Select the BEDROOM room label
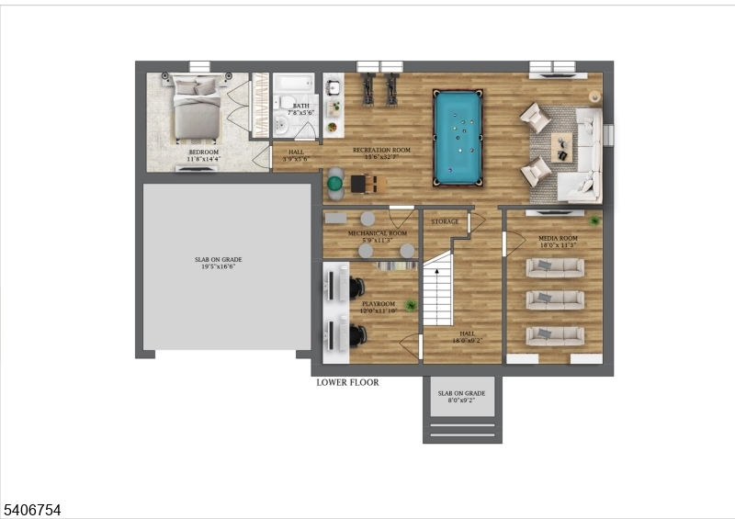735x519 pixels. [x=203, y=152]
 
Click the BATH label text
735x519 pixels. [x=301, y=106]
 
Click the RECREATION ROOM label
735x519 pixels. [x=381, y=150]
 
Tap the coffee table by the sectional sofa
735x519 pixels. [x=561, y=145]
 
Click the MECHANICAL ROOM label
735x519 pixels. [x=377, y=233]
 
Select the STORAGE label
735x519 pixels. [x=445, y=221]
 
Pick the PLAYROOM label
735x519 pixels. [x=378, y=303]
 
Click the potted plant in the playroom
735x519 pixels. [x=412, y=305]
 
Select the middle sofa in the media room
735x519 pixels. [x=554, y=299]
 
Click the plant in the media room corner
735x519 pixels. [x=595, y=220]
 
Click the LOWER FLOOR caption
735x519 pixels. [x=347, y=382]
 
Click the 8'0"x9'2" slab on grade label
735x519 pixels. [x=462, y=401]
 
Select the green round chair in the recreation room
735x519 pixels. [x=334, y=184]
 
